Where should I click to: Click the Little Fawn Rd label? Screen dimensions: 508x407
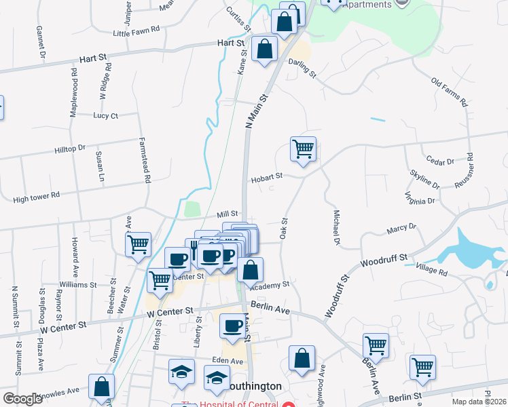(x=137, y=31)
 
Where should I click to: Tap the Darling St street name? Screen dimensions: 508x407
(x=302, y=66)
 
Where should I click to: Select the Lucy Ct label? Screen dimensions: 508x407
(x=105, y=115)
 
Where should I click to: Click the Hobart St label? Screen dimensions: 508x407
(x=266, y=176)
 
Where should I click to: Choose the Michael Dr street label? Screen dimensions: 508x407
(x=335, y=227)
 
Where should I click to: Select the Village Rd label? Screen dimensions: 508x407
(x=433, y=271)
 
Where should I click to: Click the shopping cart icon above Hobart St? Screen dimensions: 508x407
(x=303, y=149)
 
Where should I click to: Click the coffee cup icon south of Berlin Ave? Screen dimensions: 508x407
(x=232, y=326)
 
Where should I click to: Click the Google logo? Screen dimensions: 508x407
(x=23, y=399)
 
